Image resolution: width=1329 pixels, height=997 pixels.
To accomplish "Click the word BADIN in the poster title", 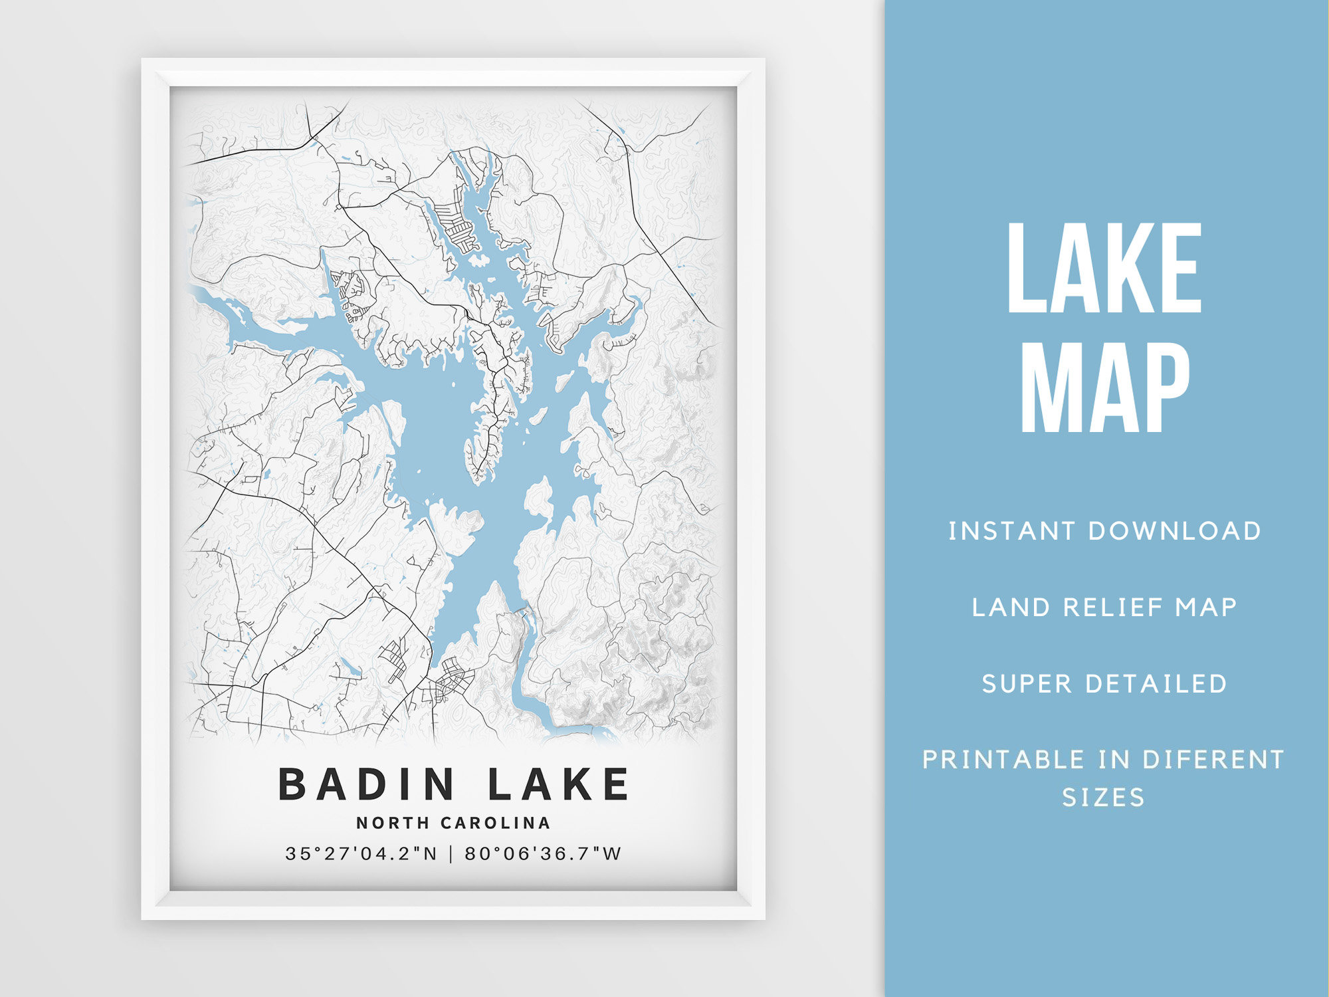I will [x=366, y=784].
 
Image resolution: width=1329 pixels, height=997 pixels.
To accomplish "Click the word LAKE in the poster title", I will [x=558, y=784].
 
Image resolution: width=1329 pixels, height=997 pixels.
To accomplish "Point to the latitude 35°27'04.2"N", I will [x=361, y=853].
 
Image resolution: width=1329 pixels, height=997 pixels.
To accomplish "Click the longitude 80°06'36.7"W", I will [x=542, y=853].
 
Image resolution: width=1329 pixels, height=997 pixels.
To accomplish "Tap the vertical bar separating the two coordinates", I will [x=451, y=853].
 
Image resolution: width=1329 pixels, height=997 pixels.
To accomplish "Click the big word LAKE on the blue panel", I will [x=1104, y=269].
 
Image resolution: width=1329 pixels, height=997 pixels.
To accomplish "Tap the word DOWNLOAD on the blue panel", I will [x=1174, y=531].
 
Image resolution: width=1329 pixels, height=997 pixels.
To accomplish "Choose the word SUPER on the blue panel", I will [x=1027, y=684].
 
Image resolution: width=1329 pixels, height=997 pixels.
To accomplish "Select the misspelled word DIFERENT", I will [x=1213, y=760].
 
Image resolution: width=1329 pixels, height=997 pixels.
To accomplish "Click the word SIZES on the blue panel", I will [x=1103, y=798].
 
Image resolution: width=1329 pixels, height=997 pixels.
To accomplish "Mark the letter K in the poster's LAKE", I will [x=578, y=784].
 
